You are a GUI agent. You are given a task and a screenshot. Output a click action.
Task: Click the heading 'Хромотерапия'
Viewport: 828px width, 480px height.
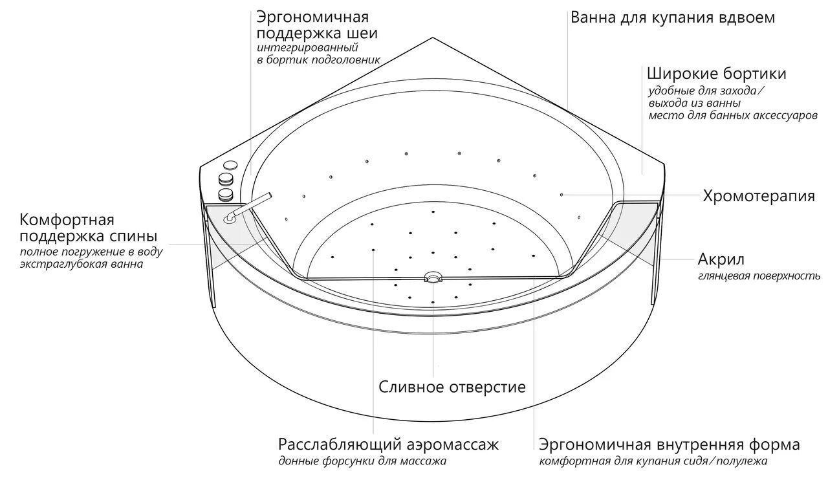758,196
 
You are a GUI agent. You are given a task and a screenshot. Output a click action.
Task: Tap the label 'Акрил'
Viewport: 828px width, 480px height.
721,260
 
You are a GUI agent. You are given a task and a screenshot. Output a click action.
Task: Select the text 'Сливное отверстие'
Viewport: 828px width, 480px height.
452,387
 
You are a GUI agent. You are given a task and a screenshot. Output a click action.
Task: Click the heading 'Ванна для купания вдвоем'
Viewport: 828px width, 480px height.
672,17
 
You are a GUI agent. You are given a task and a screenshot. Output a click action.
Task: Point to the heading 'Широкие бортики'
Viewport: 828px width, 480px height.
716,72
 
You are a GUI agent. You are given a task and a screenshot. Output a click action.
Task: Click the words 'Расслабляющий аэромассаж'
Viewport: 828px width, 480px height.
389,445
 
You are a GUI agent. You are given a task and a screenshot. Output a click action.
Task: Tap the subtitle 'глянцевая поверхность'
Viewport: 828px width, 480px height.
759,276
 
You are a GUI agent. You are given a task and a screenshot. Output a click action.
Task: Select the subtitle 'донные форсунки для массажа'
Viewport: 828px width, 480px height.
362,462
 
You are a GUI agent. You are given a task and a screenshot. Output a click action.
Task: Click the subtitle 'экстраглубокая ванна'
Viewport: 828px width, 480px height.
82,264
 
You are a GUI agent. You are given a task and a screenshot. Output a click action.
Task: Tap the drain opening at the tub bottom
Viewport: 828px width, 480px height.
432,278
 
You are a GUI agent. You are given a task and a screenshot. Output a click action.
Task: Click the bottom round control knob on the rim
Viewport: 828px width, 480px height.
226,193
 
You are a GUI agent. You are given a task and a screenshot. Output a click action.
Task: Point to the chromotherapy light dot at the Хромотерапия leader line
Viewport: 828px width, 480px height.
561,194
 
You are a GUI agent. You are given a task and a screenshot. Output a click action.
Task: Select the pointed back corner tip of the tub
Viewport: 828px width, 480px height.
431,38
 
